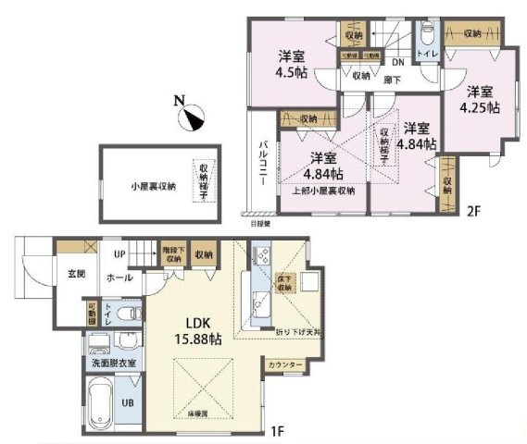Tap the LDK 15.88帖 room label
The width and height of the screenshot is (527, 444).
pos(201,330)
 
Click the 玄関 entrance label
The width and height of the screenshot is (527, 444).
pos(76,274)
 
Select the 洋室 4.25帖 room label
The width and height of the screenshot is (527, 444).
pos(480,99)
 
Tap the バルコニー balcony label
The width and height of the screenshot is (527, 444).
pos(264,164)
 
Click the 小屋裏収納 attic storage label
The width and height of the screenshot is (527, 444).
pos(151,184)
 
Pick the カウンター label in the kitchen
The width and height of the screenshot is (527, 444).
pos(286,366)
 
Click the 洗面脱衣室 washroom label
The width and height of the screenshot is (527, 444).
pos(114,363)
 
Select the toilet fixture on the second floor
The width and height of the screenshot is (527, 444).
pos(425,36)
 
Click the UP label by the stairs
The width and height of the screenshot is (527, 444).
pos(119,253)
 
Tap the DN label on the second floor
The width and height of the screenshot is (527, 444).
pos(395,62)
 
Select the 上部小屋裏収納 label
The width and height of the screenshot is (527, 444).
pos(320,191)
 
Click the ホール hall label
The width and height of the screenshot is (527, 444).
pos(118,276)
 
